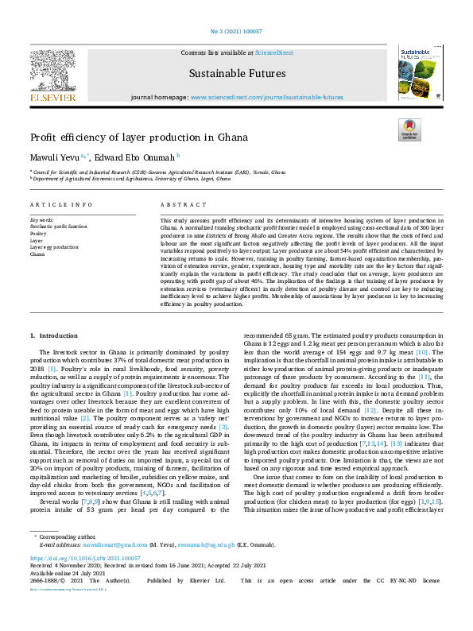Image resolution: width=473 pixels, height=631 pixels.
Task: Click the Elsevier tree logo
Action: click(53, 68)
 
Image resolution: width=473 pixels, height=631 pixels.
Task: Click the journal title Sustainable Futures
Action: click(237, 74)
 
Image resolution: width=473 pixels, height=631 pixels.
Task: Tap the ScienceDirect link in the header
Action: click(273, 52)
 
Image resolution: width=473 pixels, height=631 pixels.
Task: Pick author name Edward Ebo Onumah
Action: click(134, 157)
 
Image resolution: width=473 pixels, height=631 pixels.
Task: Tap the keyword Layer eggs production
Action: click(54, 247)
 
